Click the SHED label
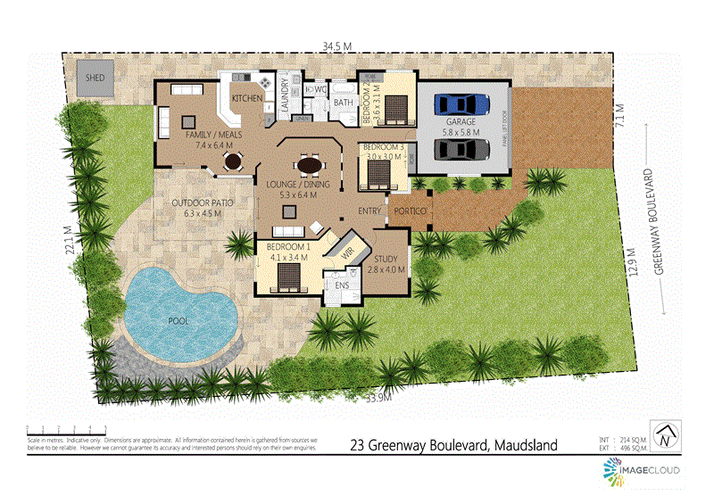tap(95, 78)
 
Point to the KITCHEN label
tap(246, 98)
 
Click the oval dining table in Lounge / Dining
tap(310, 166)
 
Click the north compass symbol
tap(664, 438)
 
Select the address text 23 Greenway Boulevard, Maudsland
tap(453, 443)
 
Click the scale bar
tap(67, 431)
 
